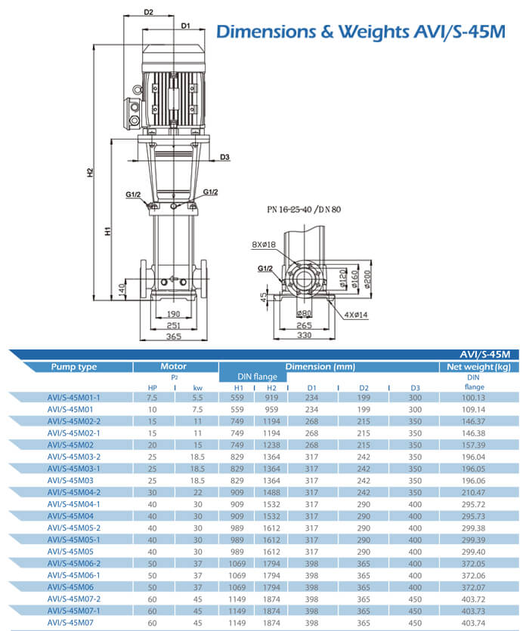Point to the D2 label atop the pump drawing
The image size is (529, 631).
(x=148, y=13)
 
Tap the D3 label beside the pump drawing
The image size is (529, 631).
(x=225, y=157)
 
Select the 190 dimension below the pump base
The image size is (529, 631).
(x=173, y=315)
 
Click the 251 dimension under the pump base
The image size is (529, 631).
(x=173, y=325)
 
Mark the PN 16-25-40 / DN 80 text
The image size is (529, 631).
(x=304, y=209)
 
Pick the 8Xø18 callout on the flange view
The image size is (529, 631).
(x=264, y=244)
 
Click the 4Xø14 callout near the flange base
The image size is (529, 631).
(x=355, y=313)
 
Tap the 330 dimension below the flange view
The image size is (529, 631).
(x=302, y=335)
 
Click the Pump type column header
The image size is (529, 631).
(x=74, y=367)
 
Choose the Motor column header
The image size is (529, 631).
(x=174, y=367)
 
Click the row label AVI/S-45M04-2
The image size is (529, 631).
(x=74, y=492)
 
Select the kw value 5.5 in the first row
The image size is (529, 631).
(x=198, y=397)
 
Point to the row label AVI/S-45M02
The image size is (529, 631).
(x=74, y=445)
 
